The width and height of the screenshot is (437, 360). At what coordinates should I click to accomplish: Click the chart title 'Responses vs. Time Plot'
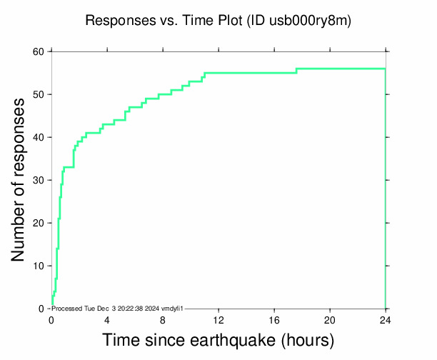[x=164, y=21]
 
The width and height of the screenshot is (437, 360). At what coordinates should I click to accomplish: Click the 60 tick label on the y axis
[x=38, y=51]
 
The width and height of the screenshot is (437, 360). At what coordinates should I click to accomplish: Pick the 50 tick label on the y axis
[x=38, y=94]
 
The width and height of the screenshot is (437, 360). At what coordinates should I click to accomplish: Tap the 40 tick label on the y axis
[x=38, y=137]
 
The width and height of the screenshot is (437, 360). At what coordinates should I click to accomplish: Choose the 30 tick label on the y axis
[x=38, y=180]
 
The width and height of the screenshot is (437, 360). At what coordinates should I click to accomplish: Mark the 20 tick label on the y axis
[x=38, y=223]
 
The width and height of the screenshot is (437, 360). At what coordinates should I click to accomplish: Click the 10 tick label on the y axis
[x=38, y=266]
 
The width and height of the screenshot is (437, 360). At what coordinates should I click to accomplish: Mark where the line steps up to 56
[x=296, y=71]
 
